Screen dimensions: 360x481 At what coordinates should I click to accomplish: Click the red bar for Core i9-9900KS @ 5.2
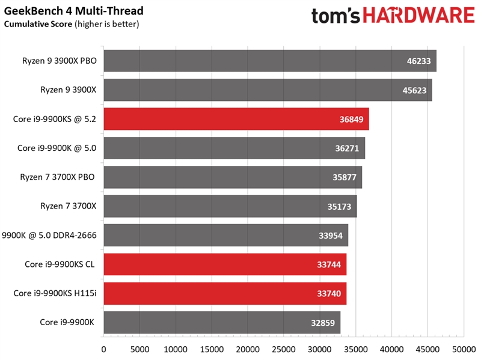pos(236,119)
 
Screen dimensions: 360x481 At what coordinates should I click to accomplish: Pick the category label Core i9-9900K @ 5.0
pos(57,148)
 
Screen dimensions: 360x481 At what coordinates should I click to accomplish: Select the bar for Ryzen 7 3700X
pos(230,206)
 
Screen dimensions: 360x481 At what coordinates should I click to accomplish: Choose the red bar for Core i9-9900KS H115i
pos(225,293)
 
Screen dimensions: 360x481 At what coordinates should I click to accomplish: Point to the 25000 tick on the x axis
pos(283,349)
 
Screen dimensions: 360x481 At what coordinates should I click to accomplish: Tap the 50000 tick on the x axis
pos(463,349)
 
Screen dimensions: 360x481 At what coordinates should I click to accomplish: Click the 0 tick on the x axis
pos(103,349)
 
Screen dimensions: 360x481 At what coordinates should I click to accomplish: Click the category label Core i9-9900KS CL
pos(60,264)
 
